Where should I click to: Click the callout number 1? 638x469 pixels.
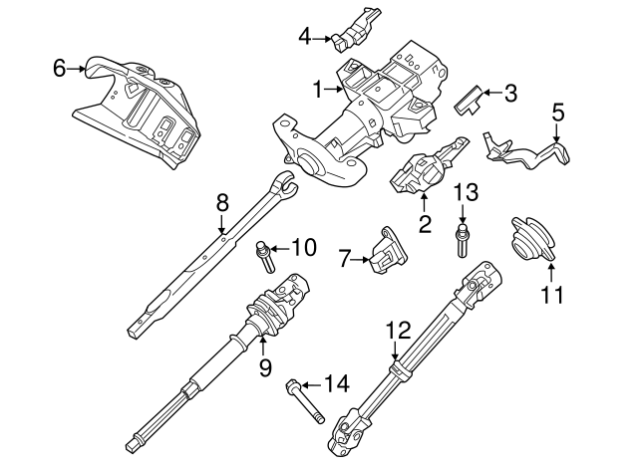pyautogui.click(x=317, y=91)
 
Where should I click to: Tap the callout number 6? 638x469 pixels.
pyautogui.click(x=59, y=68)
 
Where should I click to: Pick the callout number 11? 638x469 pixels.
pyautogui.click(x=551, y=295)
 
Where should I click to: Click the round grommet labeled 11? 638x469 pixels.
pyautogui.click(x=531, y=240)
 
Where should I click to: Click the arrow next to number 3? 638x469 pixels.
pyautogui.click(x=488, y=95)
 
